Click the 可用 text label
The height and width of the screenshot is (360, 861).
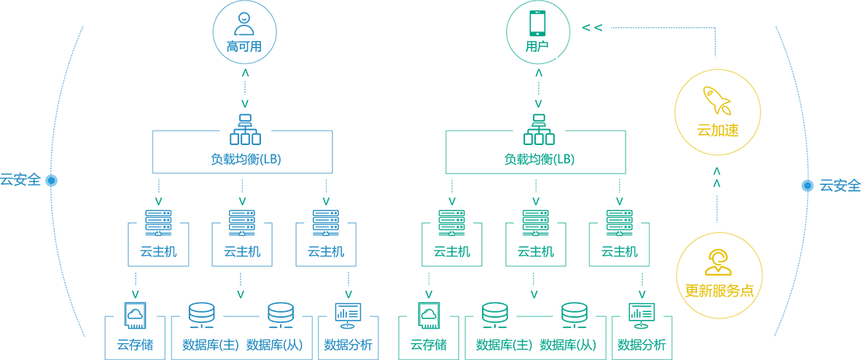(x=245, y=47)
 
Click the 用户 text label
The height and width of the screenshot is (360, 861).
(x=538, y=47)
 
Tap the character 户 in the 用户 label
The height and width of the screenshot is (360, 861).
(x=543, y=47)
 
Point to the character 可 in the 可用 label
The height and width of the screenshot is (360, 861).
(x=243, y=47)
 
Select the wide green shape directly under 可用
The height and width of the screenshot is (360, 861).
(x=246, y=75)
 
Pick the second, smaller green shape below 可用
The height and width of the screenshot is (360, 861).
(x=245, y=102)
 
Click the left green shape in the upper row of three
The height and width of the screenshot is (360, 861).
(x=158, y=198)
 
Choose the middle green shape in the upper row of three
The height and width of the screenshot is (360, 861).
(x=243, y=198)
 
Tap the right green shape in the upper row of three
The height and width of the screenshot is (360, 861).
(x=327, y=198)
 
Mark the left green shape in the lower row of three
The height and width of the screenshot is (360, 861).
(x=134, y=291)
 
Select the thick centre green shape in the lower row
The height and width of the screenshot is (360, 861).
(x=241, y=294)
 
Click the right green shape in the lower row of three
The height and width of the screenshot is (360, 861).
(x=349, y=291)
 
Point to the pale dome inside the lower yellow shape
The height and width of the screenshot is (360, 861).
(x=718, y=261)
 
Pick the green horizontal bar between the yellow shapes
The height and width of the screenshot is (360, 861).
(x=714, y=182)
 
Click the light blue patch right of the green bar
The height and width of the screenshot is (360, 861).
(x=787, y=186)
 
